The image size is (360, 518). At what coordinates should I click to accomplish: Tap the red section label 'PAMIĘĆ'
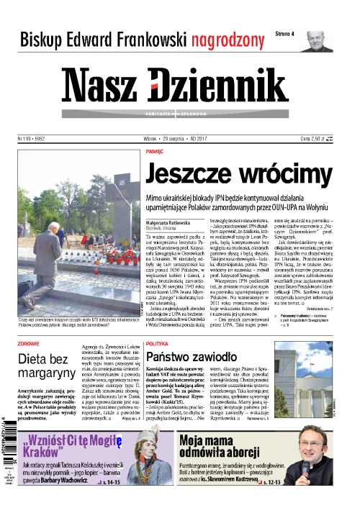[x=155, y=153]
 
